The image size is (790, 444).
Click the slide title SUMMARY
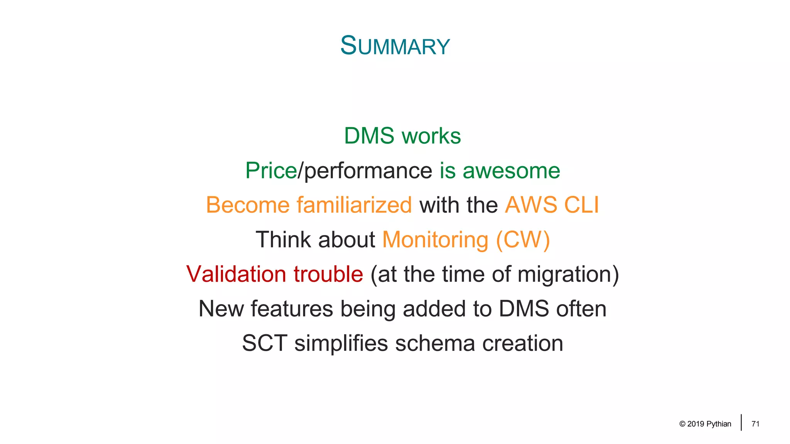(x=395, y=46)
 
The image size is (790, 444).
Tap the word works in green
(x=431, y=136)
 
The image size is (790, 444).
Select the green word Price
(x=271, y=171)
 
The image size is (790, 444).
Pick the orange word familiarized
(x=354, y=205)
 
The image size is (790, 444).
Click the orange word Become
(x=248, y=205)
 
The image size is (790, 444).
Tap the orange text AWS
(x=531, y=205)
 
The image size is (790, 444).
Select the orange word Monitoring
(x=435, y=240)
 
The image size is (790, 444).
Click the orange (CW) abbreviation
(x=523, y=240)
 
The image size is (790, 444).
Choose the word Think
(x=283, y=240)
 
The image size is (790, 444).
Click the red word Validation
(x=236, y=274)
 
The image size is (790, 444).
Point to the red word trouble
(x=328, y=274)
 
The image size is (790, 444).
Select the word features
(x=292, y=309)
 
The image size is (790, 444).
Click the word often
(x=581, y=309)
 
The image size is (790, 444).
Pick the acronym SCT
(x=265, y=343)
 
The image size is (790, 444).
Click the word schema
(x=435, y=343)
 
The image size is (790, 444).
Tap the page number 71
(x=755, y=424)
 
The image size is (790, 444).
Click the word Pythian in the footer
(x=719, y=424)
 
